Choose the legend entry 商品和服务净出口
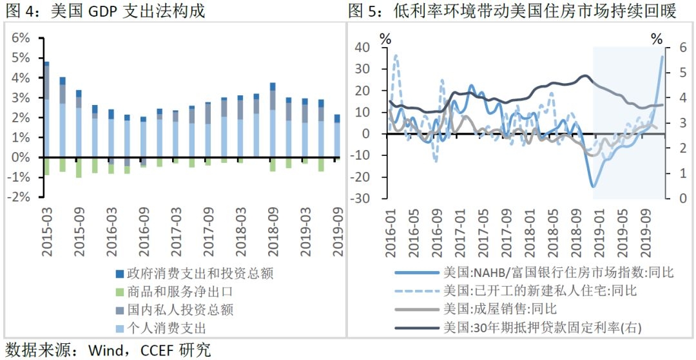point(179,292)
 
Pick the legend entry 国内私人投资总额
point(179,310)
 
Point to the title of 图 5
point(512,11)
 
